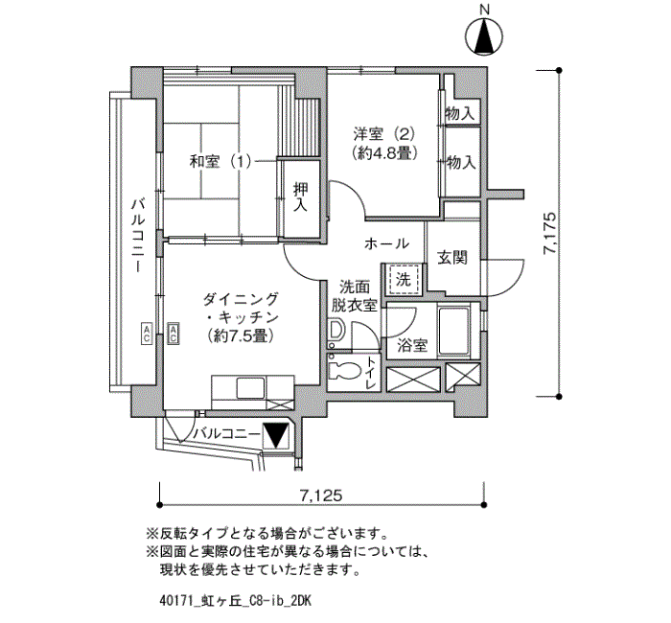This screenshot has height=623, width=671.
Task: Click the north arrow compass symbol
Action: tap(484, 36)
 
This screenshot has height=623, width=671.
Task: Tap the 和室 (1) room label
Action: tap(220, 162)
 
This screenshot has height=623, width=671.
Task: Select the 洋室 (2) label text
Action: tap(383, 134)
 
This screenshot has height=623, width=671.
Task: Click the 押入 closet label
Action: tap(300, 196)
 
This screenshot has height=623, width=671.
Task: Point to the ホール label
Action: tap(386, 243)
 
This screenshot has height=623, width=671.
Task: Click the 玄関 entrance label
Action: tap(451, 258)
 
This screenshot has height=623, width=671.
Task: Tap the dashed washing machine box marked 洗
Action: tap(403, 280)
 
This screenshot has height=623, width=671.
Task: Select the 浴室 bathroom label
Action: tap(411, 345)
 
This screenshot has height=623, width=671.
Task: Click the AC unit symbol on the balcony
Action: tap(147, 333)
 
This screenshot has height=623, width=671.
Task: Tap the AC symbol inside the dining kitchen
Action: tap(174, 333)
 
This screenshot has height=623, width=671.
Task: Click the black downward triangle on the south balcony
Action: tap(274, 435)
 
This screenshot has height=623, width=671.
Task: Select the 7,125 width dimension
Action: tap(321, 496)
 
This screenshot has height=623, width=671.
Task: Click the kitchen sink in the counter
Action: tap(251, 388)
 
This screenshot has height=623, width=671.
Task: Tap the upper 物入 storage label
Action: tap(460, 114)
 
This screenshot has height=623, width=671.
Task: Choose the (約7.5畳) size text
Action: tap(240, 335)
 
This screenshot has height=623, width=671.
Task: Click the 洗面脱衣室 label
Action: tap(355, 295)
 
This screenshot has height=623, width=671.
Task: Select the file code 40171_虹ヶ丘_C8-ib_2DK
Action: tap(235, 601)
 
